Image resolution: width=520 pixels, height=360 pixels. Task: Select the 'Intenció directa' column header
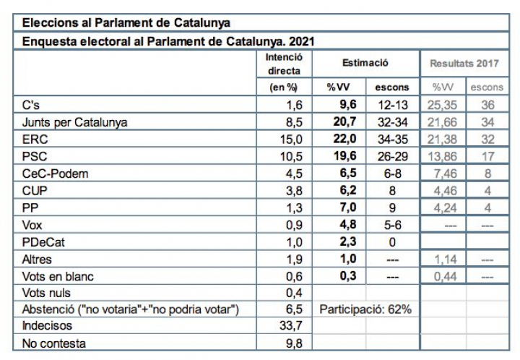click(x=284, y=64)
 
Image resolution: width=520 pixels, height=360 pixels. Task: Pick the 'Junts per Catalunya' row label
click(x=75, y=122)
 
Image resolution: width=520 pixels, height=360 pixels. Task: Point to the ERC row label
click(x=35, y=139)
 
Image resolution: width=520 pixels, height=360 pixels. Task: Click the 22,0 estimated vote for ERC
click(x=342, y=139)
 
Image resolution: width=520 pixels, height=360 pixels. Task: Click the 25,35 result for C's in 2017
click(x=443, y=105)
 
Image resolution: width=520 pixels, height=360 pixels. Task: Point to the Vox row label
click(x=34, y=225)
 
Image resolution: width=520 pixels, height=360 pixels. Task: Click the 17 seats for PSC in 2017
click(x=486, y=156)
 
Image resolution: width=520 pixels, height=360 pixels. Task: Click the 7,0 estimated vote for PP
click(x=343, y=207)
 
